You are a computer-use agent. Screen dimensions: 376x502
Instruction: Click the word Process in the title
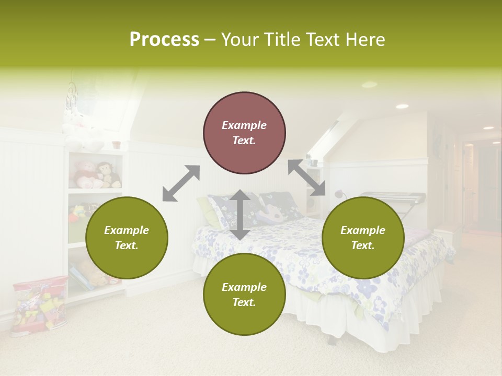[164, 40]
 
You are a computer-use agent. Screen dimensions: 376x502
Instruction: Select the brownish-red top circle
[244, 133]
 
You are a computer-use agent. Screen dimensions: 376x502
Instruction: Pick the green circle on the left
[127, 238]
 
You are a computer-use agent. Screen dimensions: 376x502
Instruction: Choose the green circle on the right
[363, 238]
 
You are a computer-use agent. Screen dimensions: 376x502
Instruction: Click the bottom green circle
[244, 295]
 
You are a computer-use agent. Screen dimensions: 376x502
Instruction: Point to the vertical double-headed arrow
[240, 215]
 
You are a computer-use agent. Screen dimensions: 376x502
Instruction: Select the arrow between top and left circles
[181, 183]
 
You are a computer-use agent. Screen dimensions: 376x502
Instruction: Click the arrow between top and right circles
[306, 178]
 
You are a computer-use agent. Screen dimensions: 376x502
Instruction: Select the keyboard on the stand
[392, 197]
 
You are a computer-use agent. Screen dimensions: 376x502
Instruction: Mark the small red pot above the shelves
[116, 144]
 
